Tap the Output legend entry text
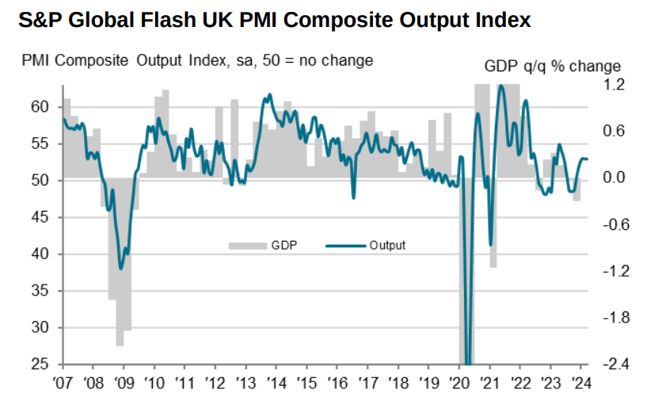(387, 246)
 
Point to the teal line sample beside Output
(345, 246)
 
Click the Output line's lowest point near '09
(120, 269)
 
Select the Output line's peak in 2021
(500, 86)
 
